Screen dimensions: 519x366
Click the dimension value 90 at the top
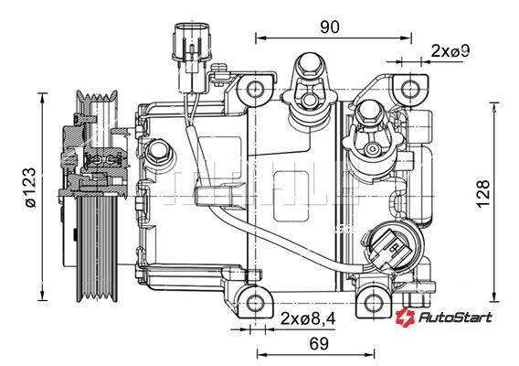(x=329, y=27)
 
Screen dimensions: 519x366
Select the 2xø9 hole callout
(x=450, y=50)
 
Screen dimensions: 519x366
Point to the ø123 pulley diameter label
(x=31, y=188)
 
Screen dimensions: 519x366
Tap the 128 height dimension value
(x=483, y=194)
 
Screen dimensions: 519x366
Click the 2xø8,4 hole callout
(x=308, y=318)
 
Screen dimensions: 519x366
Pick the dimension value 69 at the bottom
(x=319, y=344)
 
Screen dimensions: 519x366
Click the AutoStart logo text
(x=455, y=318)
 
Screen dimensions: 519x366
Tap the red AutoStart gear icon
(x=405, y=316)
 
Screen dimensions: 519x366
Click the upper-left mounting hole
(x=255, y=89)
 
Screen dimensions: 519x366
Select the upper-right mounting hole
(x=410, y=89)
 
